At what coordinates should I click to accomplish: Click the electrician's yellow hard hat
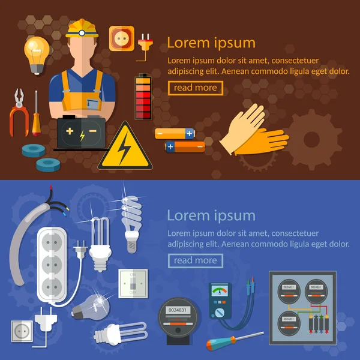82,28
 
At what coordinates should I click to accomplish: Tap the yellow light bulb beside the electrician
37,55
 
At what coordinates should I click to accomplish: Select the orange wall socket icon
122,38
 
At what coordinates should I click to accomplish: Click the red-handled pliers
19,113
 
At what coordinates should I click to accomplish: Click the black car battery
81,133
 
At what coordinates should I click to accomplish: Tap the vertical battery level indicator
143,97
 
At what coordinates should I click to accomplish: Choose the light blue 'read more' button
196,260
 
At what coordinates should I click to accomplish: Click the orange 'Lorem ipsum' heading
211,43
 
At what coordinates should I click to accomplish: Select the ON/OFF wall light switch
133,284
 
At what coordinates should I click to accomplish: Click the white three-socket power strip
52,265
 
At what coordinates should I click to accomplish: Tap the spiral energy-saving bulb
131,224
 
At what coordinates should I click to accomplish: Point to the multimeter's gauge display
220,290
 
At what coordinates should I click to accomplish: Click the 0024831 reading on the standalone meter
178,310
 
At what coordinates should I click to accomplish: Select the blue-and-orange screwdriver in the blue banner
235,341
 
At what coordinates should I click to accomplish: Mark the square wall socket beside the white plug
22,331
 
